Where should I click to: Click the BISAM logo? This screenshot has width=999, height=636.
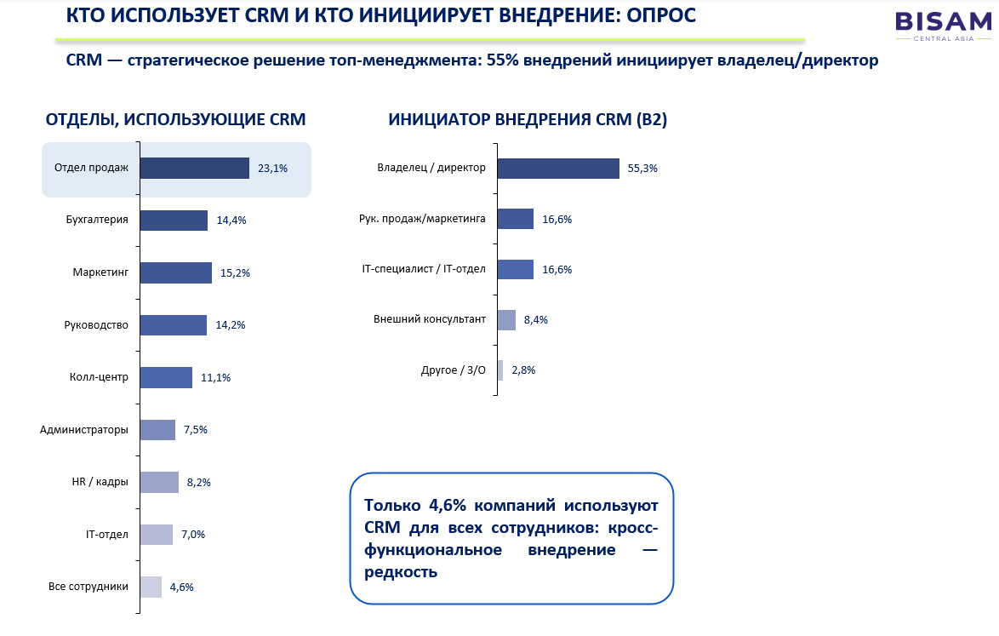pyautogui.click(x=943, y=26)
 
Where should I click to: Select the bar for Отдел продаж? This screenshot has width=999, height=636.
pyautogui.click(x=194, y=169)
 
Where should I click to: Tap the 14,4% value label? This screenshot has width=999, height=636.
pyautogui.click(x=231, y=221)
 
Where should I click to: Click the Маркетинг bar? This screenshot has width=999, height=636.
pyautogui.click(x=176, y=272)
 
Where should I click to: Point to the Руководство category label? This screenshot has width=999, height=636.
pyautogui.click(x=96, y=325)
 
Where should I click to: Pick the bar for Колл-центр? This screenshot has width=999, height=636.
pyautogui.click(x=166, y=377)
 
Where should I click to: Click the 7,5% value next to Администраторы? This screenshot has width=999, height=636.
pyautogui.click(x=196, y=430)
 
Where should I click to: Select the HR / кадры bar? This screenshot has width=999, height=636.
pyautogui.click(x=159, y=483)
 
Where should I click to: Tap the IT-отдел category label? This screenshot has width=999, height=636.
pyautogui.click(x=107, y=535)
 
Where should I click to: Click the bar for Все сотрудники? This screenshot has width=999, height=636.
pyautogui.click(x=151, y=587)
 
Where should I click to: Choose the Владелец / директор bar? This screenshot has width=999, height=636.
pyautogui.click(x=558, y=169)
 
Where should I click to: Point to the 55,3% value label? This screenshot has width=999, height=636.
pyautogui.click(x=642, y=169)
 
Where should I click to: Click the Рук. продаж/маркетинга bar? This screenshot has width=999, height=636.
pyautogui.click(x=516, y=219)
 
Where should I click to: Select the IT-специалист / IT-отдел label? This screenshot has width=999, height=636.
pyautogui.click(x=424, y=269)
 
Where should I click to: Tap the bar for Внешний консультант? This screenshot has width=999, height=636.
pyautogui.click(x=506, y=320)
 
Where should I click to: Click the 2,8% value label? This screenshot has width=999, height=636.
pyautogui.click(x=523, y=370)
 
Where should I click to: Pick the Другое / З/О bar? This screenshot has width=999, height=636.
pyautogui.click(x=500, y=370)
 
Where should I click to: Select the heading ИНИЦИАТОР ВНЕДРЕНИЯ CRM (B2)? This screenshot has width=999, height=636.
pyautogui.click(x=528, y=120)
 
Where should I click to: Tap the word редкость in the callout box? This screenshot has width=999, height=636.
pyautogui.click(x=401, y=571)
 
